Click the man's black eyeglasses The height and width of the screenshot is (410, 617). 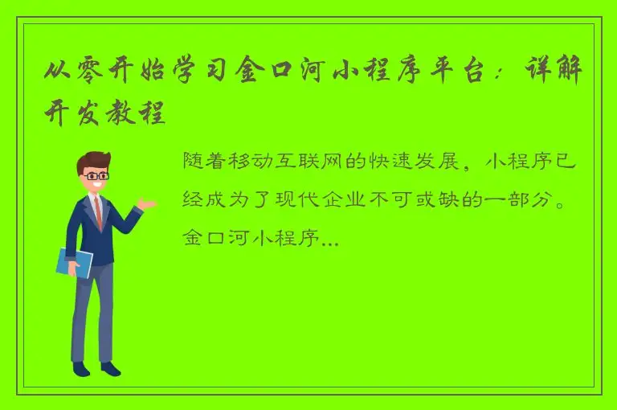pos(97,174)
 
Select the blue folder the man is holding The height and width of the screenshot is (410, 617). pos(75,262)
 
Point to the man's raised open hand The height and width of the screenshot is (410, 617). pos(146,203)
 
